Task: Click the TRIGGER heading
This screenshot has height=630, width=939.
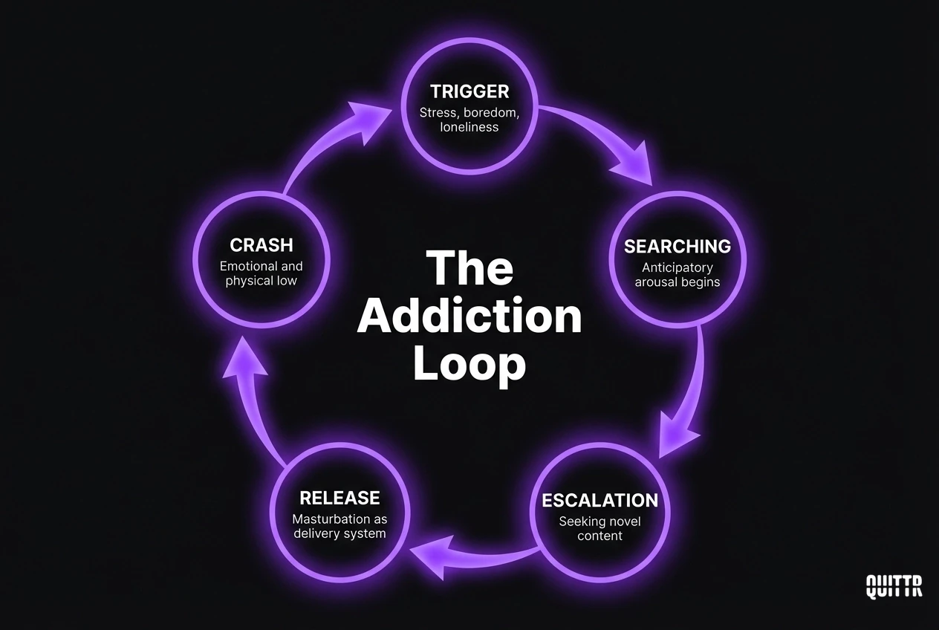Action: pyautogui.click(x=469, y=91)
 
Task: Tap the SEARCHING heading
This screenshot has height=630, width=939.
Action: pyautogui.click(x=677, y=246)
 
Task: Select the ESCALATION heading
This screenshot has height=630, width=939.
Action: pyautogui.click(x=600, y=500)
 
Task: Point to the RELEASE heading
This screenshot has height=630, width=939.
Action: pyautogui.click(x=339, y=498)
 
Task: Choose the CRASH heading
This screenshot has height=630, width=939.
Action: pyautogui.click(x=261, y=244)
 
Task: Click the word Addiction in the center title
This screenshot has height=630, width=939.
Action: pyautogui.click(x=469, y=316)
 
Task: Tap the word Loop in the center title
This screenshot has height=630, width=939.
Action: pyautogui.click(x=469, y=365)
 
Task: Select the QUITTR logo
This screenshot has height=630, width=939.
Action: pyautogui.click(x=894, y=586)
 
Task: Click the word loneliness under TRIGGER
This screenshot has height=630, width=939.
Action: pyautogui.click(x=469, y=127)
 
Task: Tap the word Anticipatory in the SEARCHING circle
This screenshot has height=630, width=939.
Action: pyautogui.click(x=677, y=267)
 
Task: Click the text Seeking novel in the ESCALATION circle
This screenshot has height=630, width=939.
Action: pyautogui.click(x=600, y=522)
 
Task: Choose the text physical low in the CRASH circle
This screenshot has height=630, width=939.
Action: pyautogui.click(x=261, y=281)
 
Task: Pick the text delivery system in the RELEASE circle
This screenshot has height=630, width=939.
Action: pyautogui.click(x=339, y=534)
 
